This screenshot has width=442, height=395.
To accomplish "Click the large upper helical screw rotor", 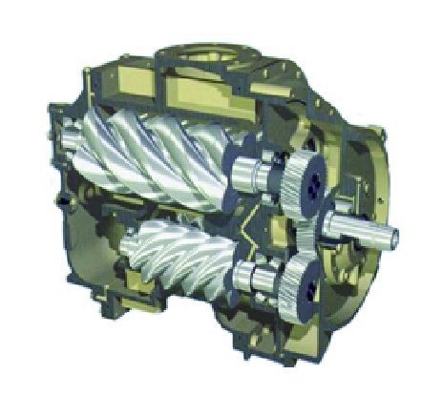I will tap(172, 157).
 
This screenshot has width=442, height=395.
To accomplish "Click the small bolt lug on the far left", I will tap(59, 203).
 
